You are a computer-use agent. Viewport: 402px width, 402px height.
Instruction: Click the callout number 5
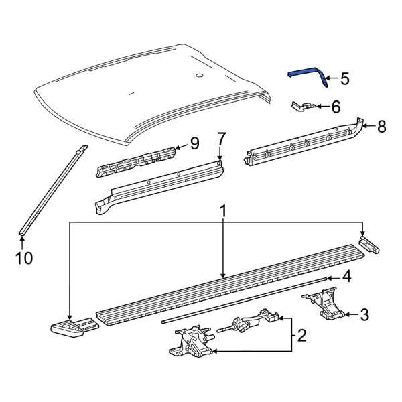click(x=344, y=79)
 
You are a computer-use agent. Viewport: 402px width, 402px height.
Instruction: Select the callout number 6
click(x=336, y=105)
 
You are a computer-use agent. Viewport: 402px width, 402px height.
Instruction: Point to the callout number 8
click(x=381, y=125)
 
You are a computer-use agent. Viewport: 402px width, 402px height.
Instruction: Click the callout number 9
click(x=194, y=142)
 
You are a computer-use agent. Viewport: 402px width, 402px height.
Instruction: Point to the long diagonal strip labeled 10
click(x=54, y=188)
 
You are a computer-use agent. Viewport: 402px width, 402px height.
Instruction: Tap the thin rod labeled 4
click(x=248, y=299)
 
